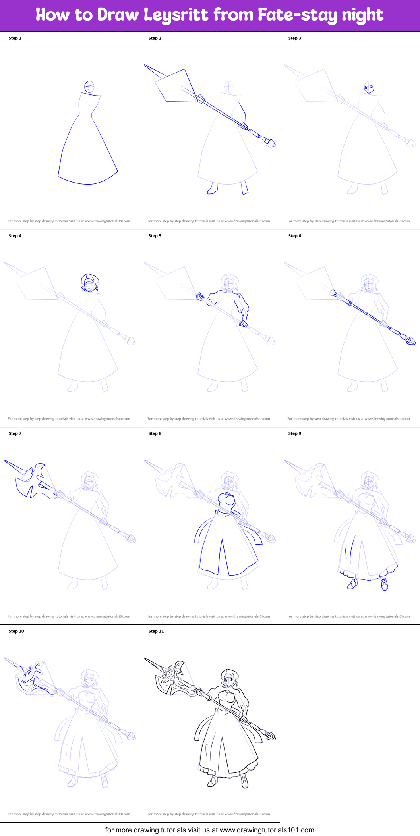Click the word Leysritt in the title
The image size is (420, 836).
click(176, 15)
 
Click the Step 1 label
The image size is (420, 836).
click(15, 38)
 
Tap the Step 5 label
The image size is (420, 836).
click(155, 236)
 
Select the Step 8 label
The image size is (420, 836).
click(155, 433)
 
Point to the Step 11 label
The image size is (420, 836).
click(156, 631)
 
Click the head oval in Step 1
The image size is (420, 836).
click(89, 87)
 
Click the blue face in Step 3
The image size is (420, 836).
click(369, 87)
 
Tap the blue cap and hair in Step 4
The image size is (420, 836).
click(90, 282)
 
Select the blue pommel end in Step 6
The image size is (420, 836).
click(410, 340)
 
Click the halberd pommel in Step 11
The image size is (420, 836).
click(270, 736)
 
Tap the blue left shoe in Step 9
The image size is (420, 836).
click(352, 584)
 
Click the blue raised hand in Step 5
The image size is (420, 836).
click(201, 297)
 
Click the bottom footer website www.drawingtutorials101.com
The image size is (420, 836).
click(267, 830)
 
